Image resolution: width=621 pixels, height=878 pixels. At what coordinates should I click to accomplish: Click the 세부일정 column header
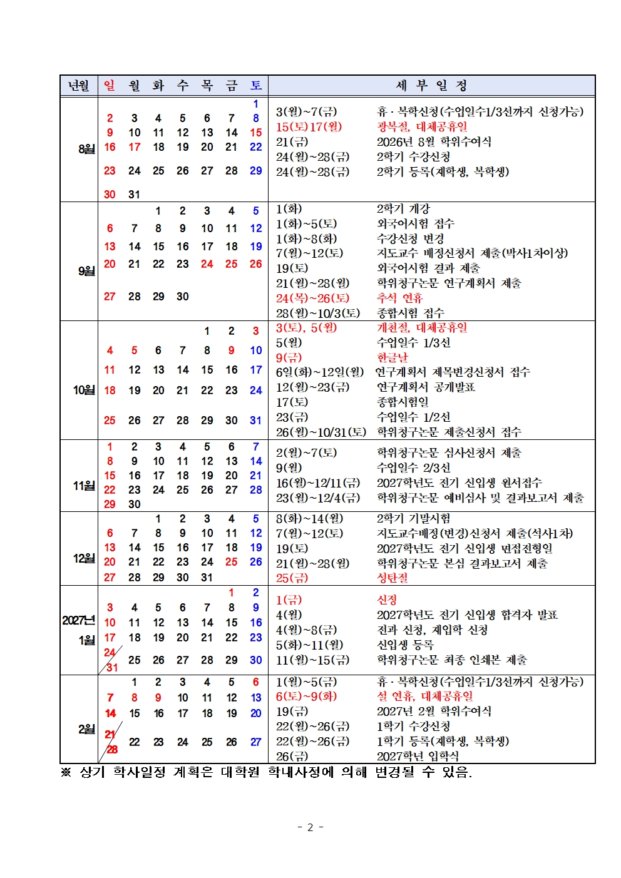[431, 86]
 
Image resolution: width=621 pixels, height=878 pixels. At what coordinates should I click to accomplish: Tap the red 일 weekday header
[110, 86]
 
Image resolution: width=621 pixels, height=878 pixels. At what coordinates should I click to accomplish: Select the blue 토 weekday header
[256, 86]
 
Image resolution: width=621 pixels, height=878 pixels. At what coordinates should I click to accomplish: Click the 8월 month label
[86, 149]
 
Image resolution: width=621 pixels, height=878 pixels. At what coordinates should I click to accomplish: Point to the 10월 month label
[84, 390]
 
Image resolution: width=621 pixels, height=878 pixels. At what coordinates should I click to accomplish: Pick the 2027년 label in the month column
[78, 620]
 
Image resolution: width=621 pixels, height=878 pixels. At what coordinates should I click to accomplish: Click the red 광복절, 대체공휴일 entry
[421, 126]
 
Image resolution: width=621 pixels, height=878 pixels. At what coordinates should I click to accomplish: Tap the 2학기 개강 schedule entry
[403, 208]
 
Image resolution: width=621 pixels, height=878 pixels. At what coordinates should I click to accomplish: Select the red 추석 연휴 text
[399, 298]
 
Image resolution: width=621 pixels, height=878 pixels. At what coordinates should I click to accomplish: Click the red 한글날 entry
[392, 357]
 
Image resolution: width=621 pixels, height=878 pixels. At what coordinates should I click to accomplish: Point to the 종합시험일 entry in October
[402, 402]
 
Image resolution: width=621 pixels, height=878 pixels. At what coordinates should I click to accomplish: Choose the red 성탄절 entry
[392, 578]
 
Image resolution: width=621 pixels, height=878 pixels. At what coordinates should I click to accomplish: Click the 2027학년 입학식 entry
[417, 756]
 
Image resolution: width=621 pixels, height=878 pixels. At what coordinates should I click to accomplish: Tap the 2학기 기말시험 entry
[413, 518]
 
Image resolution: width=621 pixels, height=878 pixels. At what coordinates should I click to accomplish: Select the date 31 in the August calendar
[134, 195]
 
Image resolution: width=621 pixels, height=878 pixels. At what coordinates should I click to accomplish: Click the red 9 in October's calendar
[231, 350]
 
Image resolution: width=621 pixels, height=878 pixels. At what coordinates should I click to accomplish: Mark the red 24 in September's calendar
[207, 264]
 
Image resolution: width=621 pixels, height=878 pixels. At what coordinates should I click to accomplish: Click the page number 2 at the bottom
[310, 827]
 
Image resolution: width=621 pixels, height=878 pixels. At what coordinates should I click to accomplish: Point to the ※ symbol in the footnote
[66, 772]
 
